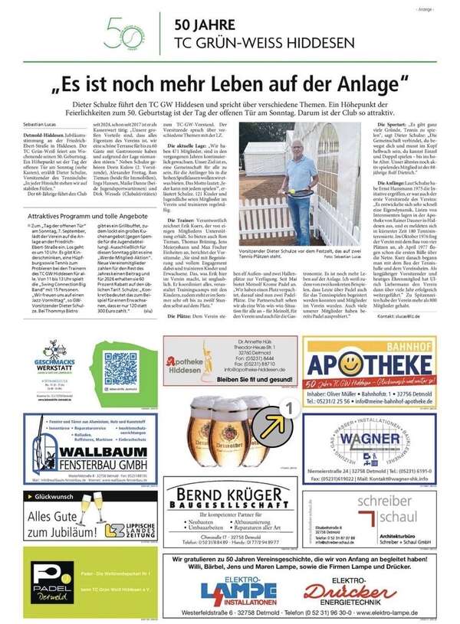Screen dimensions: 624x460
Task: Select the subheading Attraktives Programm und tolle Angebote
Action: (x=82, y=216)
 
